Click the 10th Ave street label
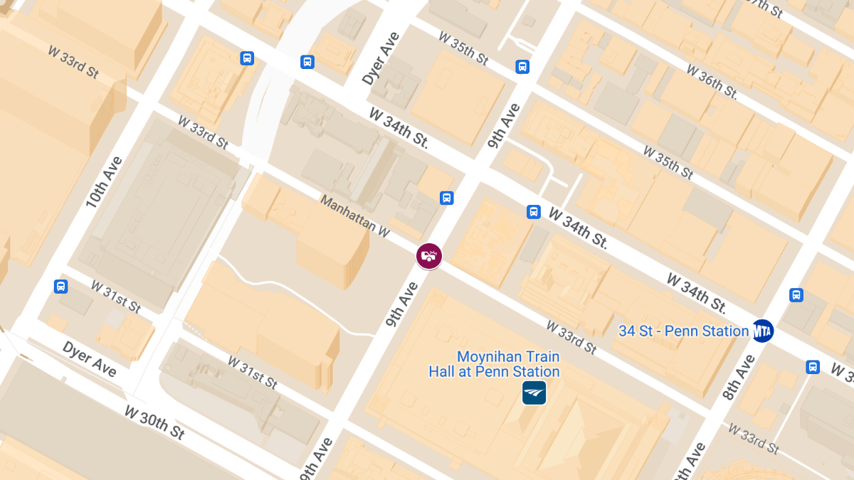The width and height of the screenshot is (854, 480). coord(105,183)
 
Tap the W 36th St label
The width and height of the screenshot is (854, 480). coord(712,80)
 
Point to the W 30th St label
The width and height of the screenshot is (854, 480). coord(154,422)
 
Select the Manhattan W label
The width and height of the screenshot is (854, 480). coord(355,215)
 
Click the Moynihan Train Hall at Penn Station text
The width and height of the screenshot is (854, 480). coord(507,364)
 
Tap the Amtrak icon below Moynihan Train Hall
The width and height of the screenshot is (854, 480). coord(534,393)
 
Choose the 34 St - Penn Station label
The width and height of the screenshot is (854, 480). coord(683,331)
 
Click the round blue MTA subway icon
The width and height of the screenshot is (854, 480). coord(763,331)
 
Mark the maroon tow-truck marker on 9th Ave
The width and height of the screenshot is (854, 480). coord(429,255)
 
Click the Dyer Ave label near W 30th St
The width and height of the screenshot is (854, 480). coord(89,358)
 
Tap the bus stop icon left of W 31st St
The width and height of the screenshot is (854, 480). coord(61,287)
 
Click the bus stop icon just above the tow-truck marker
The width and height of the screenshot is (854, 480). coord(447,198)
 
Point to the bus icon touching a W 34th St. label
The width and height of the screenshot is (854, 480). coord(534,211)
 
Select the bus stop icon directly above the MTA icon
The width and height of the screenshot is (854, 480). coord(796,294)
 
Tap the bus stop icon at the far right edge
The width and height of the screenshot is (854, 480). coord(813,367)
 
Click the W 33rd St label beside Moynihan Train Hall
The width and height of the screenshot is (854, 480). coord(571,336)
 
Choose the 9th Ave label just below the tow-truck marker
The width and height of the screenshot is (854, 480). coord(402,304)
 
